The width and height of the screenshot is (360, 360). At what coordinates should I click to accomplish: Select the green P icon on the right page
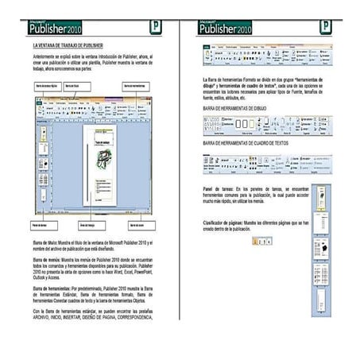(x=325, y=27)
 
